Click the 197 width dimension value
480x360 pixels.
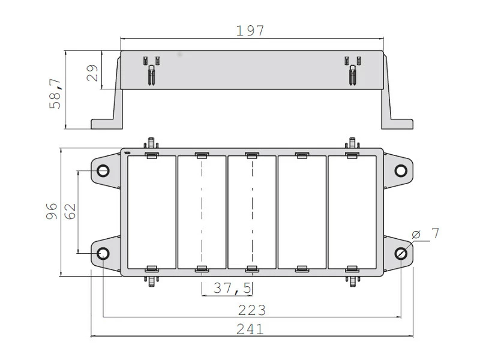pyautogui.click(x=250, y=31)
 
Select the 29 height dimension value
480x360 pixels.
pyautogui.click(x=92, y=73)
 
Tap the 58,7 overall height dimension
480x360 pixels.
pyautogui.click(x=55, y=94)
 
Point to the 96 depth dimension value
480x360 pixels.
pyautogui.click(x=52, y=211)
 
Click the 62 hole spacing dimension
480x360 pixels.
pyautogui.click(x=70, y=211)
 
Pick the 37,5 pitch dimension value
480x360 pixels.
pyautogui.click(x=232, y=288)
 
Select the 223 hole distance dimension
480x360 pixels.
pyautogui.click(x=251, y=310)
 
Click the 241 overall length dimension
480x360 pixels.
pyautogui.click(x=250, y=329)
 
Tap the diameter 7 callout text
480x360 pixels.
pyautogui.click(x=425, y=234)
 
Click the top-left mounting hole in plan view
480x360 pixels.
pyautogui.click(x=103, y=170)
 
